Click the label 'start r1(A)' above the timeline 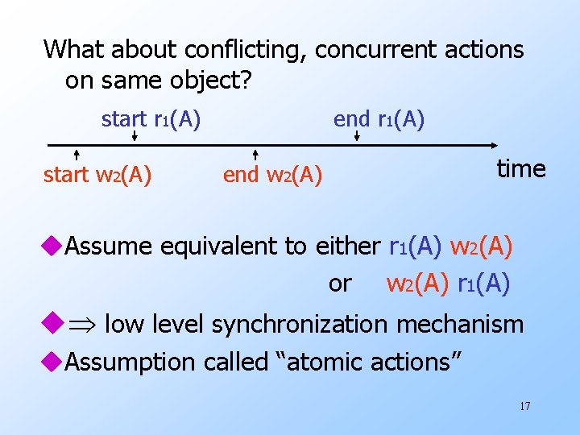pos(151,120)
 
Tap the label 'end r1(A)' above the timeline pos(379,120)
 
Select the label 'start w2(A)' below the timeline pos(97,174)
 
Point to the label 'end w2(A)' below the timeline pos(272,174)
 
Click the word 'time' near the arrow pos(521,168)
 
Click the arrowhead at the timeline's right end pos(493,146)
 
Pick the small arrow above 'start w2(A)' pos(76,154)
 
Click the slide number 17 pos(524,405)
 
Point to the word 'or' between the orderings pos(340,284)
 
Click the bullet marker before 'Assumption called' pos(53,362)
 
